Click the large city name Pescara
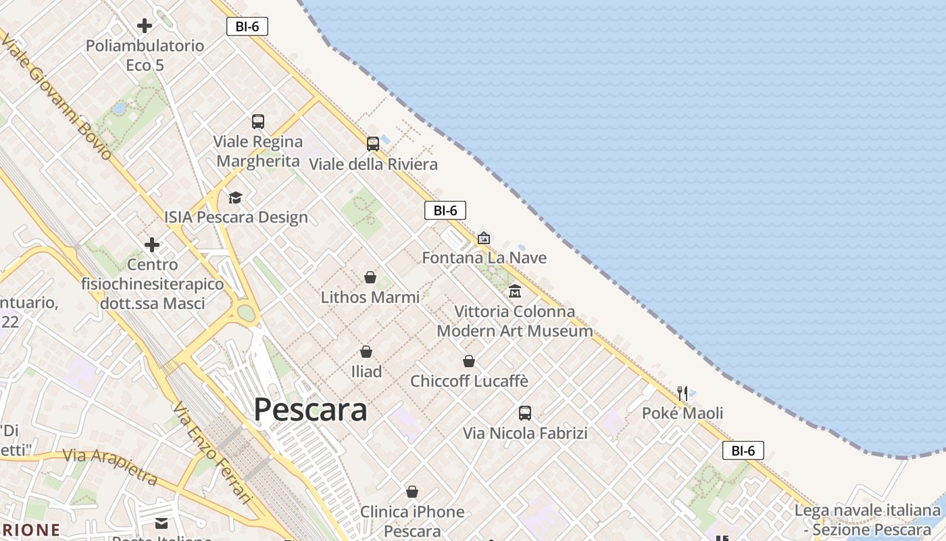tap(310, 410)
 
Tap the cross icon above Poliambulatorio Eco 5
tap(145, 26)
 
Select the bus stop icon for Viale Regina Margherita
tap(258, 122)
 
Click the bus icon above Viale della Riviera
tap(373, 143)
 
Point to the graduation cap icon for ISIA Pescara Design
tap(235, 197)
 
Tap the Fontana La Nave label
tap(484, 258)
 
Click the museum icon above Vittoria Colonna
tap(515, 291)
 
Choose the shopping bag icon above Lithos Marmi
tap(370, 277)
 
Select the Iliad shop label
tap(366, 371)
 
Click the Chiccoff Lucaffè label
tap(469, 381)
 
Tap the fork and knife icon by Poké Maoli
tap(682, 393)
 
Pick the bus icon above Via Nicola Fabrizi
tap(525, 413)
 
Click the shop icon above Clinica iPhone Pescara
tap(412, 492)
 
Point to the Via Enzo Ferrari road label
tap(212, 454)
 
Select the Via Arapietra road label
tap(110, 466)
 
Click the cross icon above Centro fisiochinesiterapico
tap(152, 245)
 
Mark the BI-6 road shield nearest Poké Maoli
tap(743, 450)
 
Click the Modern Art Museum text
tap(514, 331)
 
